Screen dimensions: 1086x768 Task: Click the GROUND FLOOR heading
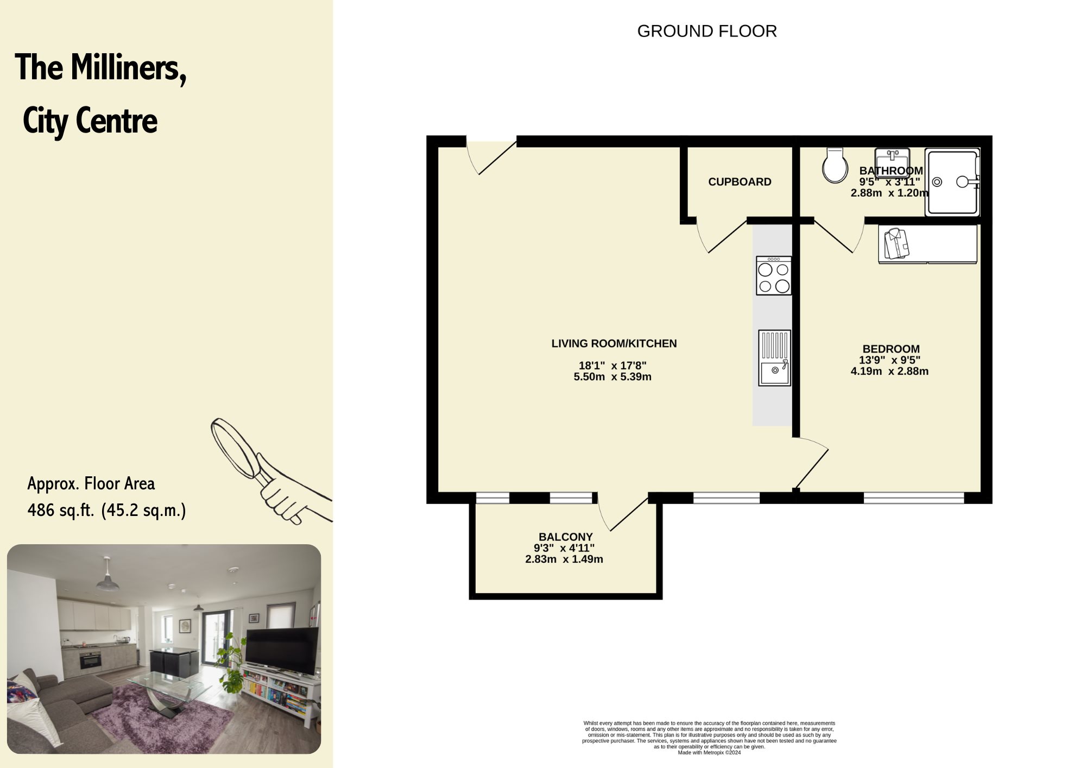click(x=707, y=32)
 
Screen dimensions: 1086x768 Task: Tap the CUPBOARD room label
click(x=740, y=182)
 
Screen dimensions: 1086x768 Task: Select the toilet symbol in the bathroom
click(x=835, y=165)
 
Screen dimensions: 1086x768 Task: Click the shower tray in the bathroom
click(x=954, y=182)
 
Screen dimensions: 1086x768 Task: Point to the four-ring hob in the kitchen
click(x=774, y=276)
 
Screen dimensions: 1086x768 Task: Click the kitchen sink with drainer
click(x=774, y=358)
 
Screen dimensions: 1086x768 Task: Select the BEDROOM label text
click(x=891, y=349)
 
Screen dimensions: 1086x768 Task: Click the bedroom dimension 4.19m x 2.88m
click(x=889, y=372)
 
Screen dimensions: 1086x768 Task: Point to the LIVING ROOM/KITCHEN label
click(x=614, y=344)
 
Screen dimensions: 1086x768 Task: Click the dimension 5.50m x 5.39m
click(x=613, y=377)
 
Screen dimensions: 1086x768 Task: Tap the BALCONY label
click(x=565, y=537)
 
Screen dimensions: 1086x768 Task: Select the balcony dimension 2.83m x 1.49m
click(x=564, y=559)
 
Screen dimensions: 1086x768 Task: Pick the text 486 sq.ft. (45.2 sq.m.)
click(x=107, y=511)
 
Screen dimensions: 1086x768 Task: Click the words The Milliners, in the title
click(x=100, y=68)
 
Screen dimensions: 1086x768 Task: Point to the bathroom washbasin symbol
click(x=892, y=156)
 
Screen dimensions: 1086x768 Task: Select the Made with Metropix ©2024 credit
click(x=709, y=752)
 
